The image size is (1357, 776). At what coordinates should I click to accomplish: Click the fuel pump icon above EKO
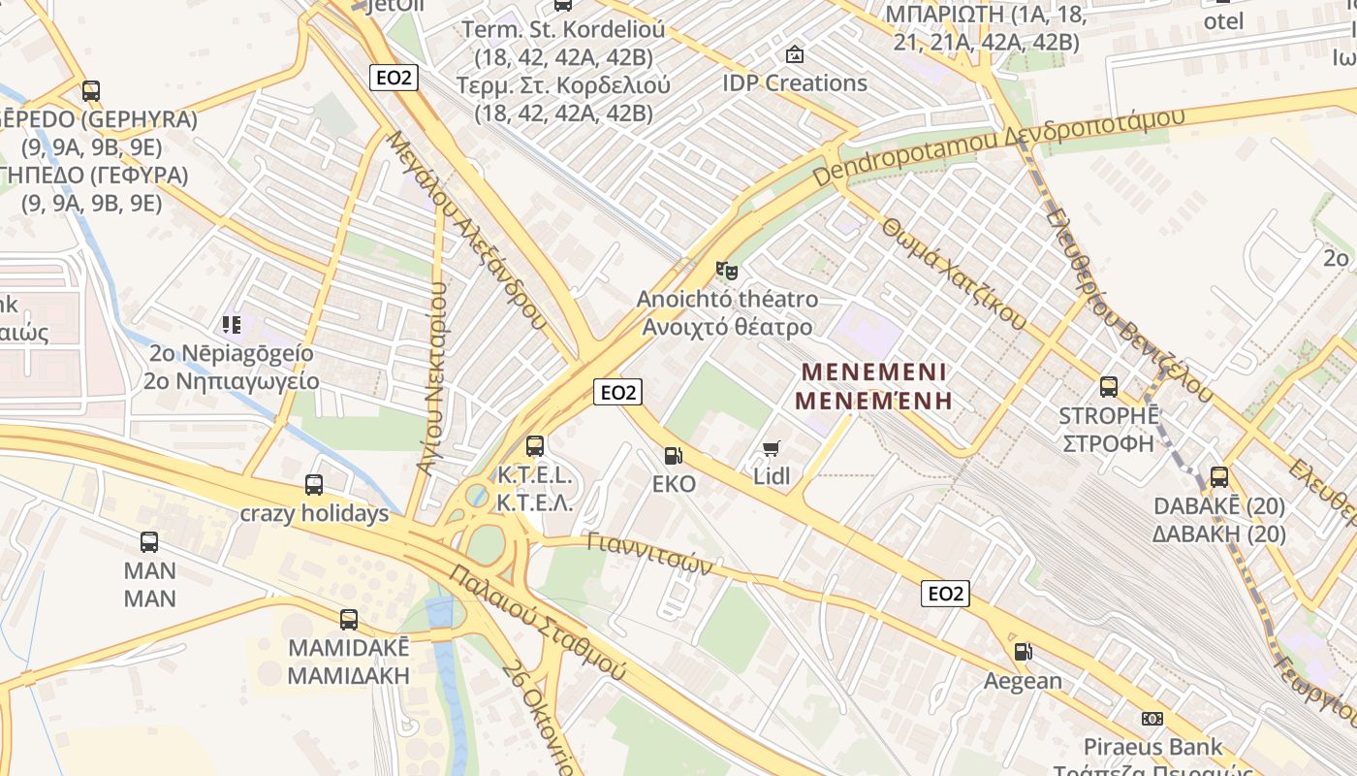tap(672, 455)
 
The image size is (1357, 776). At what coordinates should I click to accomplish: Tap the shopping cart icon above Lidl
tap(772, 448)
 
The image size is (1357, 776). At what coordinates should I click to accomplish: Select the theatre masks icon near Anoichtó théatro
tap(726, 271)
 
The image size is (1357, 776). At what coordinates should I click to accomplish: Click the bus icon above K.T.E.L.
tap(535, 446)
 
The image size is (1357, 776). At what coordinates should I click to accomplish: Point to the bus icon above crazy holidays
tap(314, 484)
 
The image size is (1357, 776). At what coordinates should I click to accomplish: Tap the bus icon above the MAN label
tap(149, 542)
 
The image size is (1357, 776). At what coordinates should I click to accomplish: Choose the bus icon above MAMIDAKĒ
tap(349, 619)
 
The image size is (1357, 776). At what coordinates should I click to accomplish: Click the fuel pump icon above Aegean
tap(1023, 652)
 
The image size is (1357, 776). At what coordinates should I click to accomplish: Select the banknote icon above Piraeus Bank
tap(1152, 719)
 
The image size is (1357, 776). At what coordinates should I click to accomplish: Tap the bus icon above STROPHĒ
tap(1109, 387)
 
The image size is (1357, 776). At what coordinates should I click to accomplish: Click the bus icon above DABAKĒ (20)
tap(1219, 477)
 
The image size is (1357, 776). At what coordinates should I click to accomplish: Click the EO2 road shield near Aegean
tap(945, 594)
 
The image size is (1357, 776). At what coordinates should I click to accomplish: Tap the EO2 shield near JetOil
tap(394, 78)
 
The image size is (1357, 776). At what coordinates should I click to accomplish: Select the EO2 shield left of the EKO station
tap(618, 392)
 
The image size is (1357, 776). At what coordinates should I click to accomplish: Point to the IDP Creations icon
tap(795, 54)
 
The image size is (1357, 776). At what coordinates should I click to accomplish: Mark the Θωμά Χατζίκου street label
tap(954, 273)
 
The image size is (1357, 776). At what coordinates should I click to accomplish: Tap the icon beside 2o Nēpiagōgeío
tap(231, 324)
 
